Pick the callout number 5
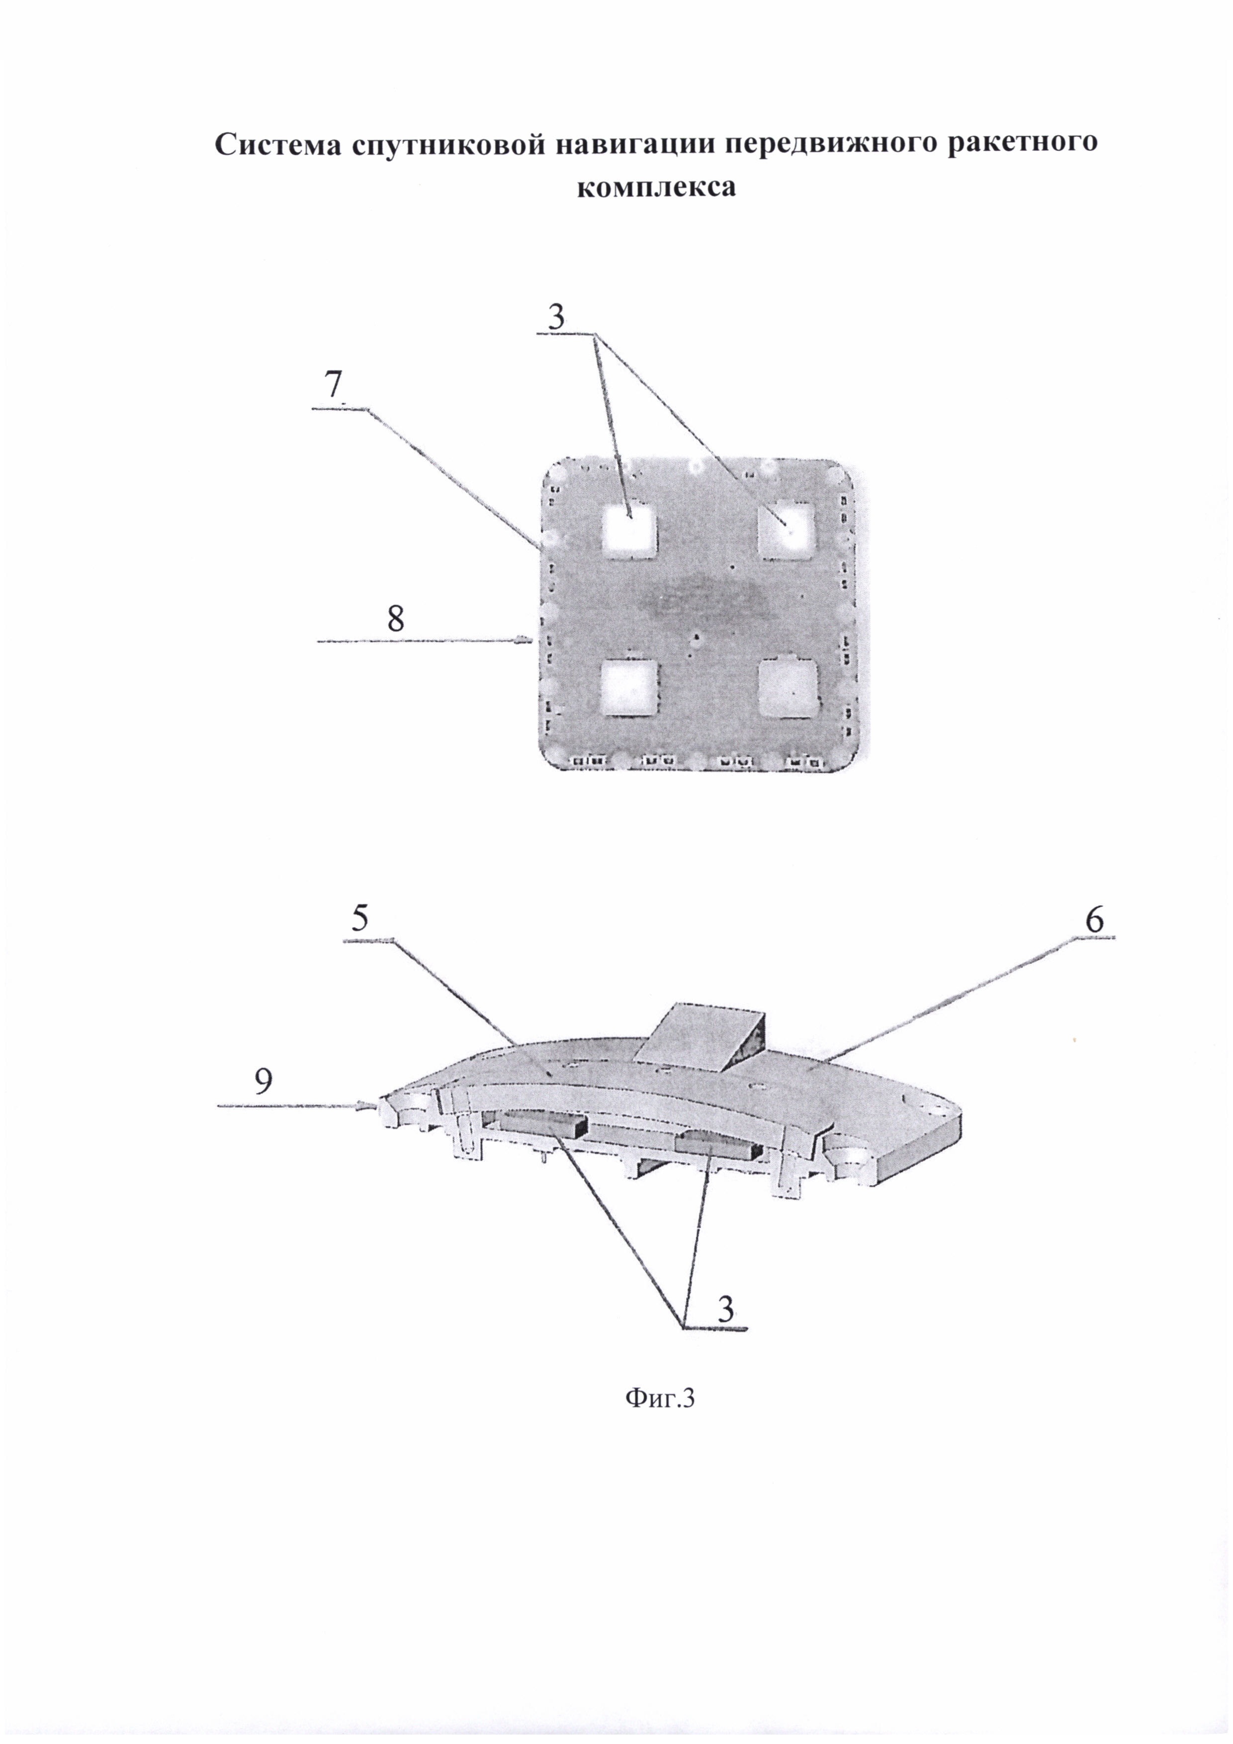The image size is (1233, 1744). [360, 920]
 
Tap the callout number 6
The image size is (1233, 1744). [1094, 920]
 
